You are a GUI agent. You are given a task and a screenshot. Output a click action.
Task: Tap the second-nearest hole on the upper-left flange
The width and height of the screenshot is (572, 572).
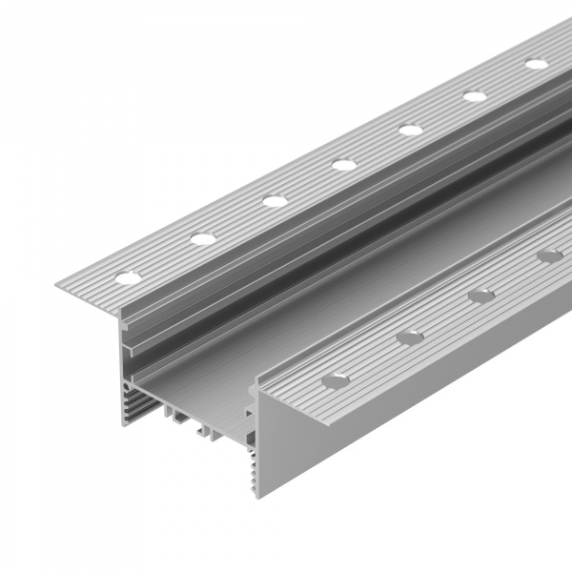coord(202,238)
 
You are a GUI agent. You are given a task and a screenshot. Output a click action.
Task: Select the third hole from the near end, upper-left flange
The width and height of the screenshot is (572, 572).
coord(275,201)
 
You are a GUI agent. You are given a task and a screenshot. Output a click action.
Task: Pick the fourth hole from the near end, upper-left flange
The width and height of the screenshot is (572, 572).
coord(344,164)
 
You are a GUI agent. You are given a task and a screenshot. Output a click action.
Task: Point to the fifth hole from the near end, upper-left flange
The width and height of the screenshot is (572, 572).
coord(411,129)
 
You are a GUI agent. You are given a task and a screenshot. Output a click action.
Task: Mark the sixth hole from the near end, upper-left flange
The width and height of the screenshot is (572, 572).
coord(475,95)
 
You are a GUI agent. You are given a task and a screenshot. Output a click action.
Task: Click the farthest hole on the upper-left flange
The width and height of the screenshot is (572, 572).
coord(537,64)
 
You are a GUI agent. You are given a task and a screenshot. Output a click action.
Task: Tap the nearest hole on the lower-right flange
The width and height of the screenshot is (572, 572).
coord(336,380)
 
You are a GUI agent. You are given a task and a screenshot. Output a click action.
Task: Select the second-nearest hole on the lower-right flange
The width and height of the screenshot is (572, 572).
coord(411,337)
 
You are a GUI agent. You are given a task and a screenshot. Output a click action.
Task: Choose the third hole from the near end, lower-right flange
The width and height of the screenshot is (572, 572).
coord(482,296)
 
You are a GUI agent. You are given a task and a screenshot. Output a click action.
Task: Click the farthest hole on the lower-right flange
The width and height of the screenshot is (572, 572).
coord(549,255)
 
